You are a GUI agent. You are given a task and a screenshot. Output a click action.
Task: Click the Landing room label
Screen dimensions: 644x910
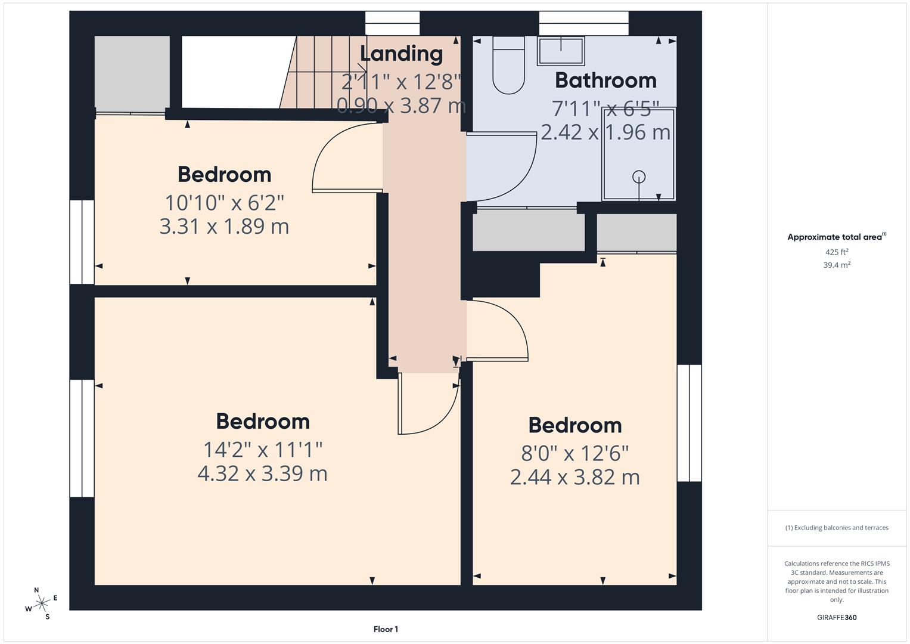(x=401, y=54)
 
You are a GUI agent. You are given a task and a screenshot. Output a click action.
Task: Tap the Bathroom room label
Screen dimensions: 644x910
(x=605, y=80)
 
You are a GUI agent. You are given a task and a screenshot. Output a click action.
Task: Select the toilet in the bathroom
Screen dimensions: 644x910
(x=508, y=66)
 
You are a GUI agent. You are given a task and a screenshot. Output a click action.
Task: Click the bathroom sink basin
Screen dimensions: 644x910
(x=560, y=51)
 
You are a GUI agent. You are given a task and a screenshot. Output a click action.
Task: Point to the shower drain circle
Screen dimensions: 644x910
(x=639, y=177)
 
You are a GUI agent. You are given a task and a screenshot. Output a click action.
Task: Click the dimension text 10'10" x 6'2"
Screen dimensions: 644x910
(x=224, y=203)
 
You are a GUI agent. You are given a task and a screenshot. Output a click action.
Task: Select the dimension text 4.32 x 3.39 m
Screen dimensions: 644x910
(x=262, y=473)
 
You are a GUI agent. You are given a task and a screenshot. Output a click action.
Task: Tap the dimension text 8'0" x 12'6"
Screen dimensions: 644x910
(x=575, y=453)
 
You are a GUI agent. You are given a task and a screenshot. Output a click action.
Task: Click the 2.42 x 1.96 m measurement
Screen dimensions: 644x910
(x=605, y=132)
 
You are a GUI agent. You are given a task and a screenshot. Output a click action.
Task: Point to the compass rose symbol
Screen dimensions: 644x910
(x=41, y=603)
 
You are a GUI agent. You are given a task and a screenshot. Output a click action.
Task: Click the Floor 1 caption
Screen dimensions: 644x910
(x=386, y=629)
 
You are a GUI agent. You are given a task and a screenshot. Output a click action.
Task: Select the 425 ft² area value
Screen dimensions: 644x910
(x=837, y=252)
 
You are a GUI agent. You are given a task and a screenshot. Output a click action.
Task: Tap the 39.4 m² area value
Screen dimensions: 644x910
(x=837, y=265)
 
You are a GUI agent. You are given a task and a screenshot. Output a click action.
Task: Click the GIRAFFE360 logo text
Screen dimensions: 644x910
(x=837, y=617)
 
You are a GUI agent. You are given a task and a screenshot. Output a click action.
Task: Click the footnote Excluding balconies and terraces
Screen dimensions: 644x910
(x=837, y=528)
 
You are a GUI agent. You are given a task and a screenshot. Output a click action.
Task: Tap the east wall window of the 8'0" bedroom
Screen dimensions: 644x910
(x=690, y=423)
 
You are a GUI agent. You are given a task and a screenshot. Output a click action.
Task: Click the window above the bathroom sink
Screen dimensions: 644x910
(x=583, y=23)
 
